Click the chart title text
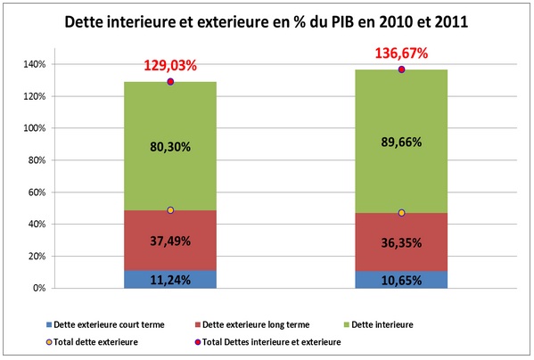(x=267, y=22)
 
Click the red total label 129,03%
(x=169, y=67)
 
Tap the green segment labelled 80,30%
(x=169, y=147)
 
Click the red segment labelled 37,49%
(x=169, y=241)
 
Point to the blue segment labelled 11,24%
(x=169, y=278)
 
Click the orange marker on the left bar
(x=170, y=210)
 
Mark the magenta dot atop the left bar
(x=170, y=82)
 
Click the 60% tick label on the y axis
(x=36, y=192)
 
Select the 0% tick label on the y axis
(x=38, y=288)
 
